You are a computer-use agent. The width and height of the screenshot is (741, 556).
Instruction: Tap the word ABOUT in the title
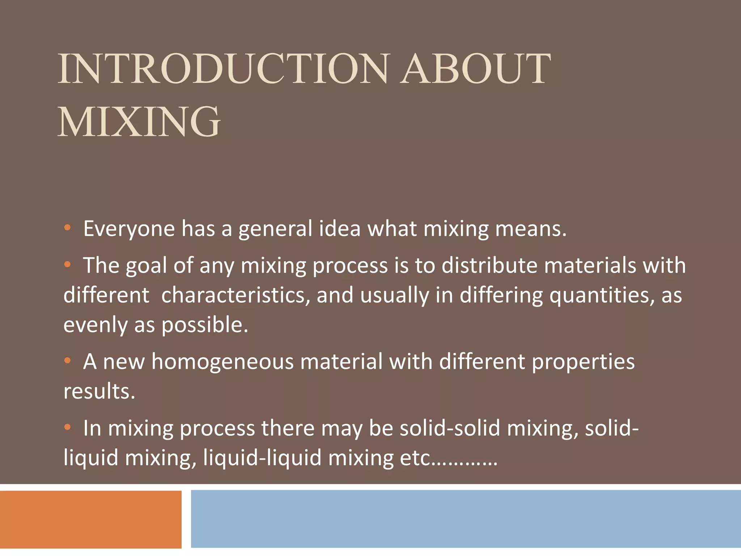pyautogui.click(x=475, y=69)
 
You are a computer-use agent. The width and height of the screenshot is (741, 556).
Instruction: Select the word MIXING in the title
pyautogui.click(x=139, y=122)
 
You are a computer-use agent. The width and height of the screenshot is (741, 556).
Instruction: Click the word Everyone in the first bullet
pyautogui.click(x=129, y=229)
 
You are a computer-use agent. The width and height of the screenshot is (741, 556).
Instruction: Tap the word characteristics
pyautogui.click(x=235, y=295)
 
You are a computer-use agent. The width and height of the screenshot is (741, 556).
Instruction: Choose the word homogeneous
pyautogui.click(x=222, y=362)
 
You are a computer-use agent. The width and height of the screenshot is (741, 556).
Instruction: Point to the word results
pyautogui.click(x=99, y=392)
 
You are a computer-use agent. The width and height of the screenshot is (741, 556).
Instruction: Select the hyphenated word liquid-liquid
pyautogui.click(x=262, y=458)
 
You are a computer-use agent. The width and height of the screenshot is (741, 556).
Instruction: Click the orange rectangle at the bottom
pyautogui.click(x=90, y=519)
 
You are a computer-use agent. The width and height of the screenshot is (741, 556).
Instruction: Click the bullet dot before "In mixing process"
pyautogui.click(x=67, y=427)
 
